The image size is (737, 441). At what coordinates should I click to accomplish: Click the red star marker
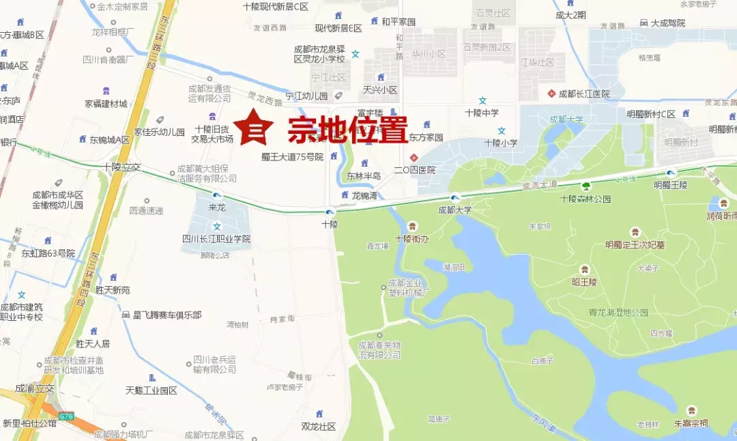(253, 127)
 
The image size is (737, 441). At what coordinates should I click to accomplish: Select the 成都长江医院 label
(583, 94)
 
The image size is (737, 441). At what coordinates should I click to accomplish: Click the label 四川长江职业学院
(216, 239)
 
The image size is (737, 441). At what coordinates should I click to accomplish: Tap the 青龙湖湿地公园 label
(618, 312)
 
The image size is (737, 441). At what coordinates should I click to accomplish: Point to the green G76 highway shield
(66, 415)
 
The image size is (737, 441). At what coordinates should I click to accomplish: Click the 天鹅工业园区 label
(151, 390)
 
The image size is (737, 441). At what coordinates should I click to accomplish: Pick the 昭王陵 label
(584, 281)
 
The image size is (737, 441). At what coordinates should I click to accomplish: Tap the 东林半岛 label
(363, 175)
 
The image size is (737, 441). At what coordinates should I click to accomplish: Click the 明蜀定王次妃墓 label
(635, 244)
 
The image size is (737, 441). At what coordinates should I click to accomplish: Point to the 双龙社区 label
(319, 426)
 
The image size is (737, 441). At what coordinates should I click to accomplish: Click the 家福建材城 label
(106, 104)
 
